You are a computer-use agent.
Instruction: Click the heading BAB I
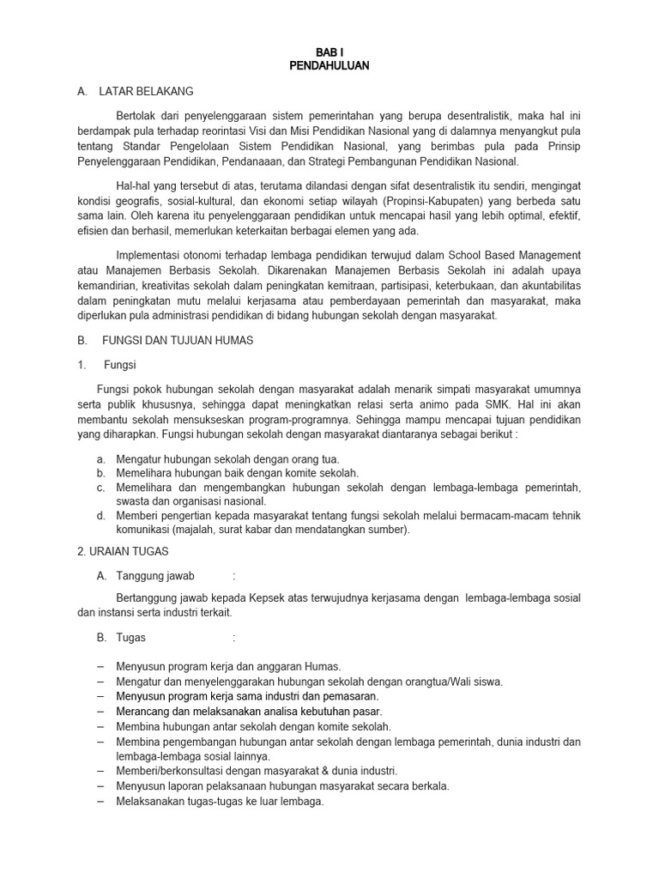click(x=329, y=52)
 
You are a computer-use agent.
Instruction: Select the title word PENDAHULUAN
click(x=329, y=66)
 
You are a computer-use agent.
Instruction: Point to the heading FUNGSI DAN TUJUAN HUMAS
click(x=178, y=340)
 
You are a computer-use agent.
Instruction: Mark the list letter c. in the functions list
click(x=100, y=488)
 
